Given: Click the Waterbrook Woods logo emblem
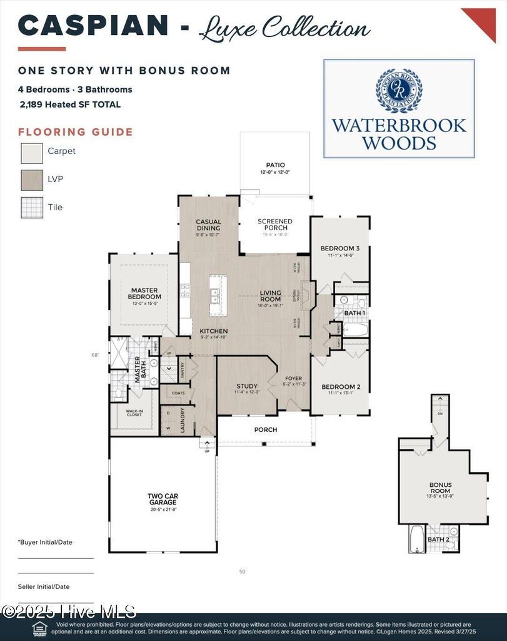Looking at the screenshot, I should [x=399, y=90].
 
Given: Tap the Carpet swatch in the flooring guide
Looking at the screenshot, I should [x=32, y=153].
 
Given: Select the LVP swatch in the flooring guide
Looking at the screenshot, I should [x=32, y=180].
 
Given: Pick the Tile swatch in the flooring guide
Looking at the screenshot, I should [x=32, y=207].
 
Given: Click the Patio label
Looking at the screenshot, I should [x=275, y=166].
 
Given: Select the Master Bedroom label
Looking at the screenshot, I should [x=144, y=294].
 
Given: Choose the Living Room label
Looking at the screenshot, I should [x=271, y=296].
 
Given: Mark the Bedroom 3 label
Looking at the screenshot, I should [x=340, y=249].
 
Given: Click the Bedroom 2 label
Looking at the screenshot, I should [x=341, y=387].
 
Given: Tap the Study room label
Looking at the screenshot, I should [x=247, y=386].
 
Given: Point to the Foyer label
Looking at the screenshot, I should [x=293, y=379].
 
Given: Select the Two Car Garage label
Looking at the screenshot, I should [x=163, y=500].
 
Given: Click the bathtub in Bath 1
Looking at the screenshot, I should [x=355, y=329].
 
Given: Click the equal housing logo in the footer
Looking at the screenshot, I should [x=39, y=628].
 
